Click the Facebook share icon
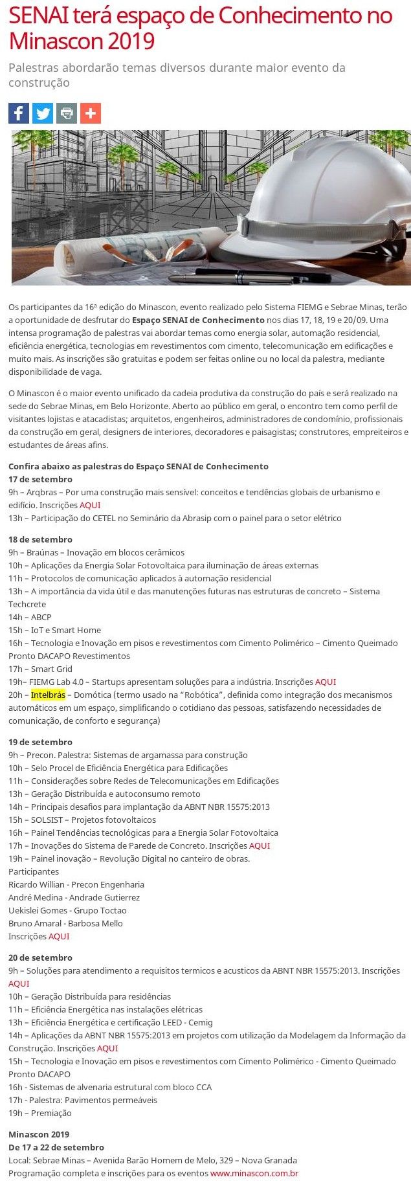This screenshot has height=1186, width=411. (x=19, y=113)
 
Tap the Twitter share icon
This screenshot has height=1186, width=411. (x=43, y=113)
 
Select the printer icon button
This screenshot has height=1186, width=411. (x=67, y=113)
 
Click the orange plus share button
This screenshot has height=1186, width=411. (x=91, y=113)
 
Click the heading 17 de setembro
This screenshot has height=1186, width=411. (x=40, y=479)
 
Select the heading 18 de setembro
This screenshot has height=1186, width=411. (x=40, y=539)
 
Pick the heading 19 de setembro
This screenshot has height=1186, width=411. (x=40, y=742)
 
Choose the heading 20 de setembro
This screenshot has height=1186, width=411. (x=40, y=957)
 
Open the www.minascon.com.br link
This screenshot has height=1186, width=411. (x=254, y=1173)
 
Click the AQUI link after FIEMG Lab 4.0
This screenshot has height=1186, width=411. (x=325, y=682)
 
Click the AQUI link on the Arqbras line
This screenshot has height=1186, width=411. (x=90, y=505)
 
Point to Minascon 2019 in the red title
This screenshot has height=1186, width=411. (x=82, y=41)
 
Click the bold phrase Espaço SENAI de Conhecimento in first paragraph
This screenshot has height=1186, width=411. (x=198, y=320)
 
